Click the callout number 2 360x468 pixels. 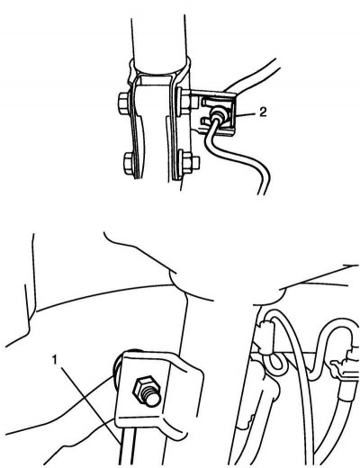263,112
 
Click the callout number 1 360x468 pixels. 55,360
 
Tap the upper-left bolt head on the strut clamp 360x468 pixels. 124,103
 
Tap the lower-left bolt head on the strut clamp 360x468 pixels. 129,164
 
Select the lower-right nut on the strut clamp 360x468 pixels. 188,162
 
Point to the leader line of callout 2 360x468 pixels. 247,114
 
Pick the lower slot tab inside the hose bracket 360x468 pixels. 207,121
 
